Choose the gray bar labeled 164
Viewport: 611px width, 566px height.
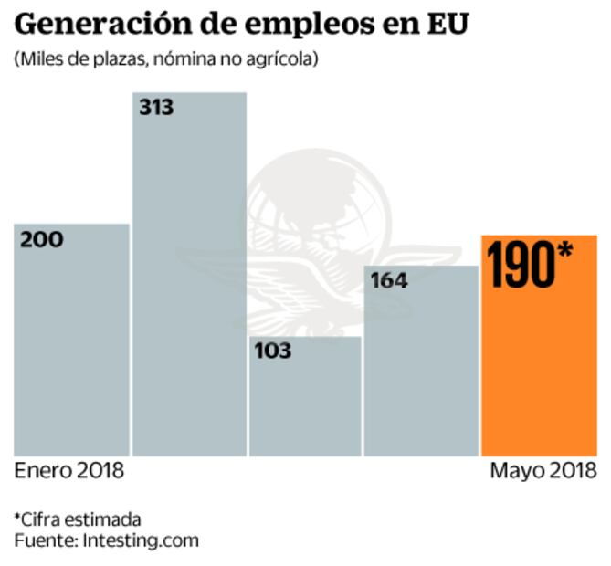[x=421, y=374]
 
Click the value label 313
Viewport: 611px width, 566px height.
[x=156, y=108]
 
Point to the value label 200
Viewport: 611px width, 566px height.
[x=42, y=240]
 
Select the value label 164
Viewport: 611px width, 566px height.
[x=388, y=281]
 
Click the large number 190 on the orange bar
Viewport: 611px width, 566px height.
[x=521, y=265]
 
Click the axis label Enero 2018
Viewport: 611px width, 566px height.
[x=69, y=471]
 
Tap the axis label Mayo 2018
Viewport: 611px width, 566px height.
[x=543, y=471]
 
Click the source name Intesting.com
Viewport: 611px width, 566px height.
[x=140, y=540]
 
